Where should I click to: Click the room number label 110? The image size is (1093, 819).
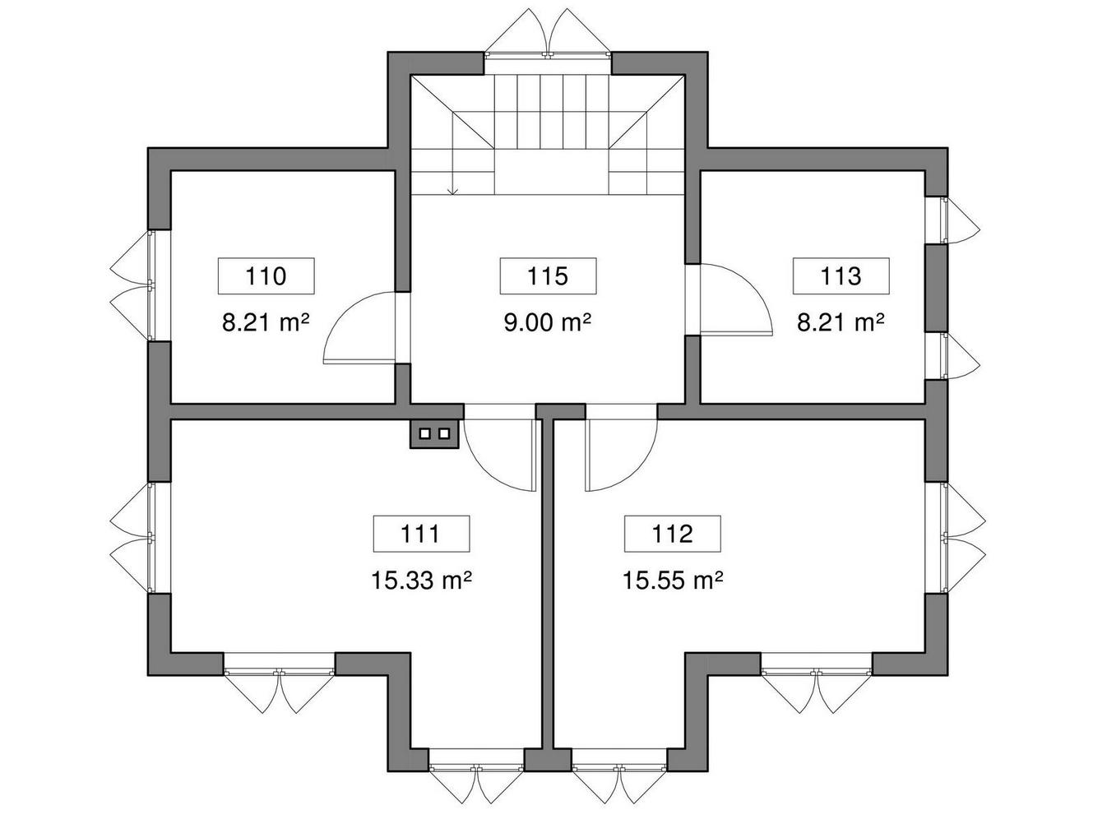click(x=266, y=275)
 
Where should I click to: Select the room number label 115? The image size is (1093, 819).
click(x=548, y=275)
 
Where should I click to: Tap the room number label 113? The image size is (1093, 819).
click(x=841, y=275)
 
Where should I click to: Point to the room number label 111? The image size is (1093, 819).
click(x=421, y=534)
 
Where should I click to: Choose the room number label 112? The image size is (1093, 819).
click(x=672, y=534)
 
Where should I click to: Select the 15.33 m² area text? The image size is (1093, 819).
click(x=421, y=581)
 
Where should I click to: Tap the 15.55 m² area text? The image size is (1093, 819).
click(x=673, y=581)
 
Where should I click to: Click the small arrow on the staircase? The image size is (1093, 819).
click(x=452, y=191)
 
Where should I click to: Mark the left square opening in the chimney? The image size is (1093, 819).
click(x=424, y=433)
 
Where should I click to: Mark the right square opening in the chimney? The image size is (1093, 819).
click(x=443, y=433)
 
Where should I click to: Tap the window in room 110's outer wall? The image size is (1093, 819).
click(x=132, y=285)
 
